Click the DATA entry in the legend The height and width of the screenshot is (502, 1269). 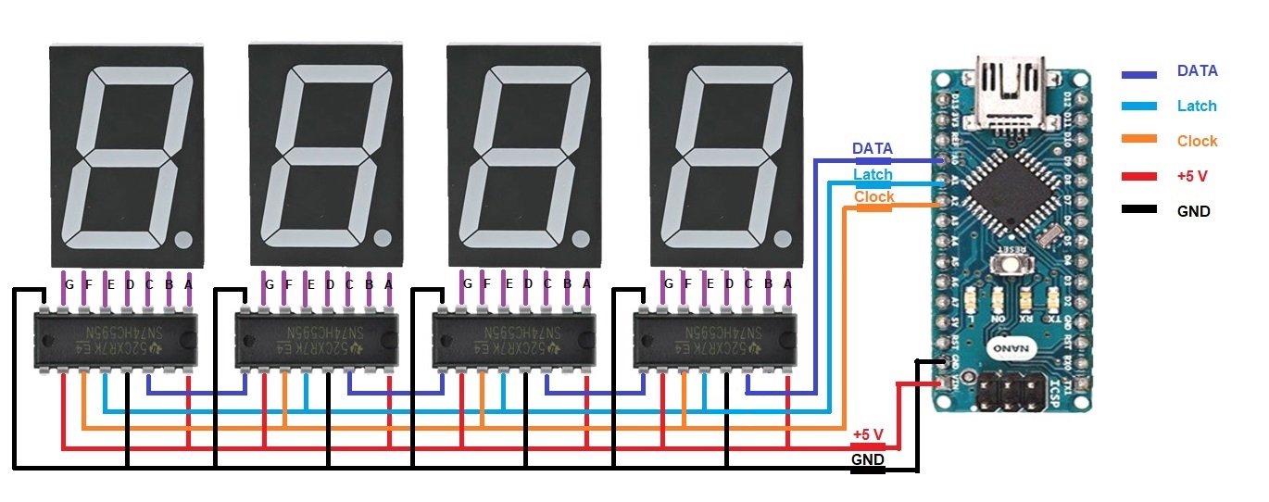coord(1197,70)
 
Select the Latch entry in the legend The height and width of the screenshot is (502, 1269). coord(1197,106)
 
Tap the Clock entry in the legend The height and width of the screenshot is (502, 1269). coord(1197,141)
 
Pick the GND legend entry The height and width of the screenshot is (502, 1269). coord(1193,211)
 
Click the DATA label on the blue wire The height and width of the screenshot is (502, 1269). coord(872,148)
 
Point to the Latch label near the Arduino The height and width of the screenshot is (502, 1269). coord(873,173)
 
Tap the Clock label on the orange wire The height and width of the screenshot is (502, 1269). coord(873,196)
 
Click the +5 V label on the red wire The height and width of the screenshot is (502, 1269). coord(868,434)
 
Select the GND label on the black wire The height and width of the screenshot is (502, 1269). coord(867,459)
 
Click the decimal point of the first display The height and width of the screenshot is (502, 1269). coord(182,239)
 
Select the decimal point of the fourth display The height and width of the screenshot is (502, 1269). coord(781,239)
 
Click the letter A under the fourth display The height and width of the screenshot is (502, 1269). coord(788,284)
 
